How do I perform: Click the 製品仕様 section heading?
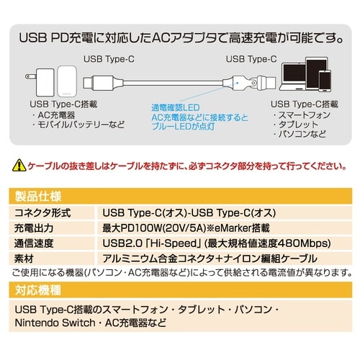pos(35,195)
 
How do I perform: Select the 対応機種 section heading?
pos(35,292)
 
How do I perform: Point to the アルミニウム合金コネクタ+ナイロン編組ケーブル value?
pos(210,258)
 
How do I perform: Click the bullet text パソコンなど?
pos(300,134)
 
